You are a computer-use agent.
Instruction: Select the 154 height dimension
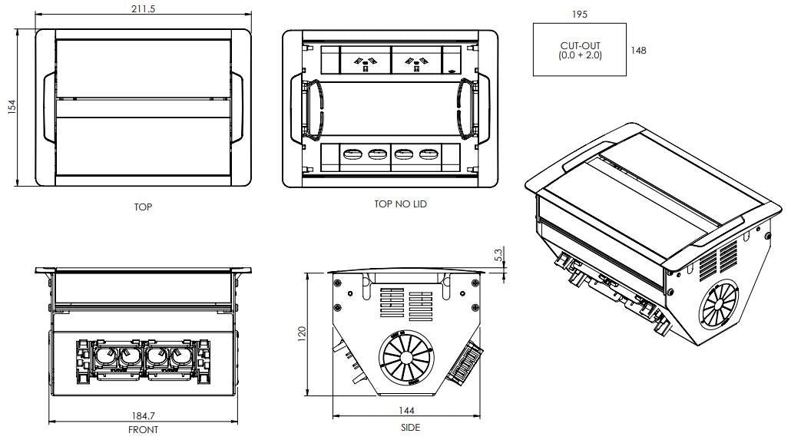(x=11, y=108)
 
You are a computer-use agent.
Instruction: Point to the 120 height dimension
(x=302, y=332)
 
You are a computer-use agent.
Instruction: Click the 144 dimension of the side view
(x=409, y=412)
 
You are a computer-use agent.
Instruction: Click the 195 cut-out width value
(x=581, y=14)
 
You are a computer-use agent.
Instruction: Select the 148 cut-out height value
(x=638, y=51)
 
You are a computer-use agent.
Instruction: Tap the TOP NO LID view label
(x=400, y=204)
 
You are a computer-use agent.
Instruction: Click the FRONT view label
(x=143, y=430)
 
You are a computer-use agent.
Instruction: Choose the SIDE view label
(x=410, y=428)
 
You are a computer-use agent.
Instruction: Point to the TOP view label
(x=143, y=207)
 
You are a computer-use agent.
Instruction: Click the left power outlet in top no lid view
(x=366, y=59)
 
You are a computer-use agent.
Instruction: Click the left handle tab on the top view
(x=46, y=108)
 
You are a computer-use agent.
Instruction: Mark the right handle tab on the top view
(x=239, y=108)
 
